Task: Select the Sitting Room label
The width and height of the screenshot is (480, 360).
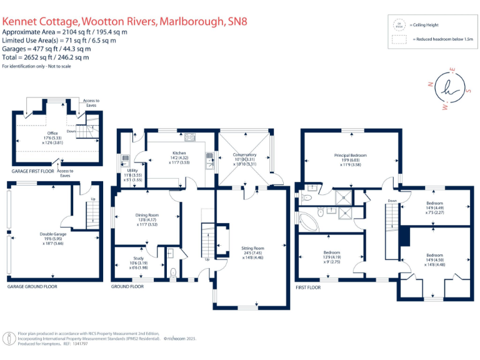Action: [252, 248]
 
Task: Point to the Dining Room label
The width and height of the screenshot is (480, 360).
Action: [147, 215]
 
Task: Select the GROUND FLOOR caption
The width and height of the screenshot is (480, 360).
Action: [128, 286]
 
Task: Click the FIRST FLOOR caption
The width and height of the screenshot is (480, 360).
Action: [308, 287]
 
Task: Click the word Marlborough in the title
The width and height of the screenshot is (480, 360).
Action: [191, 21]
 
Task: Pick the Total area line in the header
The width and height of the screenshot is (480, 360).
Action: [46, 56]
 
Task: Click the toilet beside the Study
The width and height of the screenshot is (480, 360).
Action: [173, 272]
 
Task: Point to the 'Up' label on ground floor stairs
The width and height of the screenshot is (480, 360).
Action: [207, 259]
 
